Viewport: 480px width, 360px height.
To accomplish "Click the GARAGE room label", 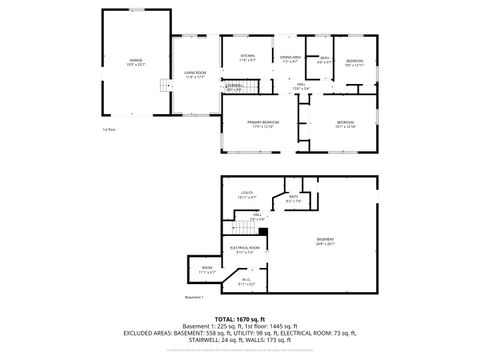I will tap(135, 62).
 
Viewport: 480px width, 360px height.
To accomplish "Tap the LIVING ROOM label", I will tap(194, 75).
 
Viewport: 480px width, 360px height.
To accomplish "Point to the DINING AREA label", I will tap(291, 59).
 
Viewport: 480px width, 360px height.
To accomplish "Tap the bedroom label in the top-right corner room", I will tap(355, 61).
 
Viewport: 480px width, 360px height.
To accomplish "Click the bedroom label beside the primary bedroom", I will tap(345, 125).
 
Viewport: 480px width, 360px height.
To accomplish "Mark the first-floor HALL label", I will tap(301, 87).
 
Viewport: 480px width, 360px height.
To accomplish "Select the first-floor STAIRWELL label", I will tap(234, 87).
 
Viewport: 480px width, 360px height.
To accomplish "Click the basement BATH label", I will tap(294, 199).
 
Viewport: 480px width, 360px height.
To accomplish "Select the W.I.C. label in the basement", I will tap(245, 282).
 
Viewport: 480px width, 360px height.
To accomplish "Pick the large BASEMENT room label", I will tap(326, 241).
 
